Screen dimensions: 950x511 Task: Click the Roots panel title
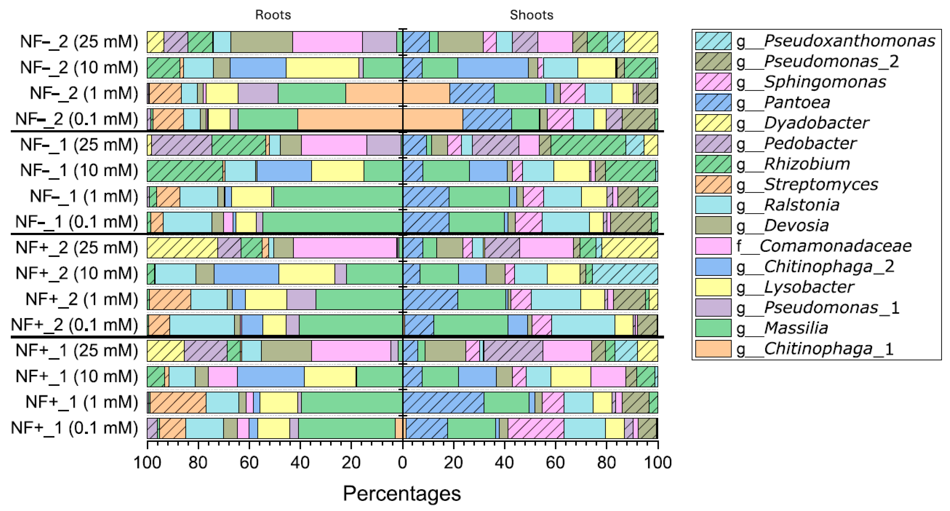273,15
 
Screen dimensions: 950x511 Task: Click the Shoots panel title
532,15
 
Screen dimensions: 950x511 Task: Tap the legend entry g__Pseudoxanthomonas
815,40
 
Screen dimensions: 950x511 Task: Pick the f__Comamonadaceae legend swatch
713,246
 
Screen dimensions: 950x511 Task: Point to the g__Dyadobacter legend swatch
713,123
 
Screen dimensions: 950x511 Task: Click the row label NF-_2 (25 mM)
79,42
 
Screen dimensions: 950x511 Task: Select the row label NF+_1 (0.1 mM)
74,428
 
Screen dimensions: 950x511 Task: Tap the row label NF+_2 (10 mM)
77,274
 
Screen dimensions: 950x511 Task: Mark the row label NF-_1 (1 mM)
84,197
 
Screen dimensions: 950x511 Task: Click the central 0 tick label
402,463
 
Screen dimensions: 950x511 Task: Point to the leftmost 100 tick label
147,463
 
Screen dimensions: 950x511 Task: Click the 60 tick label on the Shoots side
555,463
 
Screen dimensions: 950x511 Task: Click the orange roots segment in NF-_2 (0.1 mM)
350,119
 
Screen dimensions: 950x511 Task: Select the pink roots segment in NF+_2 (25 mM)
345,248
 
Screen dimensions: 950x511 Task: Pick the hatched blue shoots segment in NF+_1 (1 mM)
443,402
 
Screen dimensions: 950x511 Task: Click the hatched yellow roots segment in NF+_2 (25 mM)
182,248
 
